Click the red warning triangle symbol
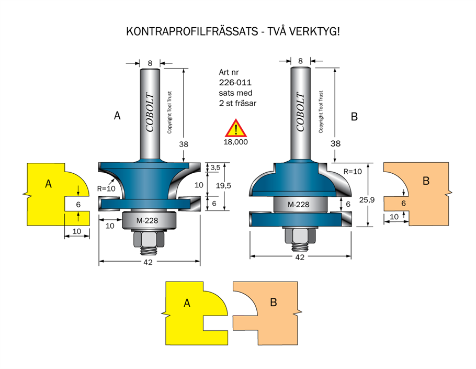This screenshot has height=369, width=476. (x=236, y=129)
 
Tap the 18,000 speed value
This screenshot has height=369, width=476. (x=236, y=142)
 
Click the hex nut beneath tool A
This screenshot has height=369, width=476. (x=148, y=239)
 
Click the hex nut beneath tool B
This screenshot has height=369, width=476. (x=300, y=236)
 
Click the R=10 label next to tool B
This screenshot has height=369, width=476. (x=353, y=171)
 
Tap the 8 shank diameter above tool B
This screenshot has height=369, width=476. (x=300, y=61)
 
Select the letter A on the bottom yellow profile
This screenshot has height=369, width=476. (x=186, y=303)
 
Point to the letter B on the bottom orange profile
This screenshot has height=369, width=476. (x=274, y=302)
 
